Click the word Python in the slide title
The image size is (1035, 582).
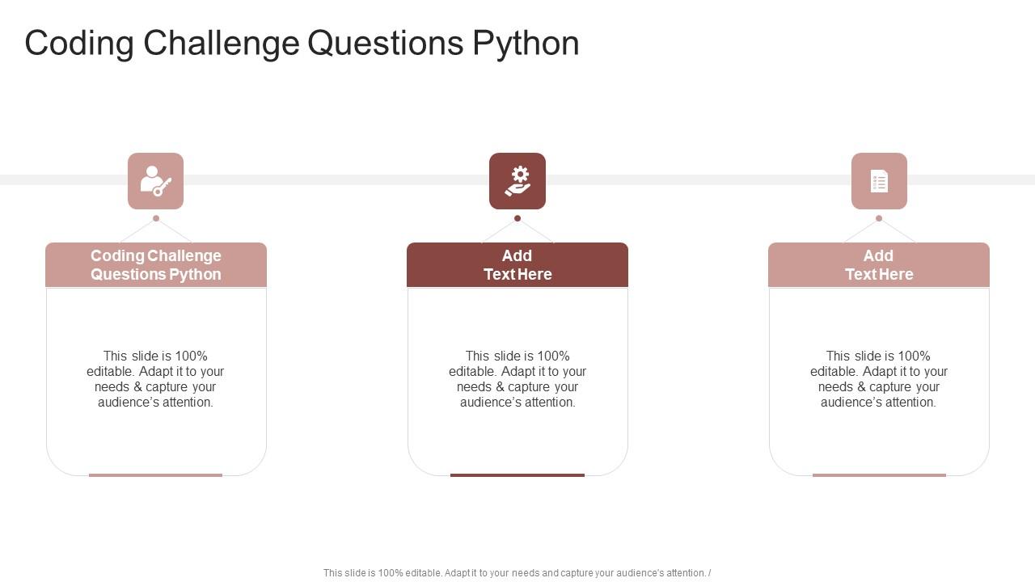tap(526, 44)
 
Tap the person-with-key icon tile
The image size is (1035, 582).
tap(155, 181)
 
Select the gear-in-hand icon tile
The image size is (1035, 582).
tap(517, 181)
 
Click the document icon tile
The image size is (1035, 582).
tap(879, 181)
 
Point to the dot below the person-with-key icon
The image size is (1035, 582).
tap(156, 218)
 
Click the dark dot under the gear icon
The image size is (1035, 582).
tap(517, 218)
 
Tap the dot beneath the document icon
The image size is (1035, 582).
tap(879, 218)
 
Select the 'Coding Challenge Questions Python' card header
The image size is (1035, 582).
tap(156, 265)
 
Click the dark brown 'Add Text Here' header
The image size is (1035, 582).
tap(517, 265)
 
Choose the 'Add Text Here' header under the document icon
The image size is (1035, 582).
tap(879, 265)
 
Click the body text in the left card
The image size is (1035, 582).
tap(155, 379)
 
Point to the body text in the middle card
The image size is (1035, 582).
tap(517, 379)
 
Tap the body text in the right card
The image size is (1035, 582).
tap(879, 379)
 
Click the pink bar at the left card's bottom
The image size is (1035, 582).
tap(155, 475)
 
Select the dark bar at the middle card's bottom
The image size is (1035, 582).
tap(517, 475)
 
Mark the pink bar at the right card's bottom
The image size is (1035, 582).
tap(879, 475)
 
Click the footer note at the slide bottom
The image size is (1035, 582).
tap(517, 573)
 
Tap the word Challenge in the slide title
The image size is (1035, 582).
tap(222, 44)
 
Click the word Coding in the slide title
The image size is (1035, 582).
tap(79, 44)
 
